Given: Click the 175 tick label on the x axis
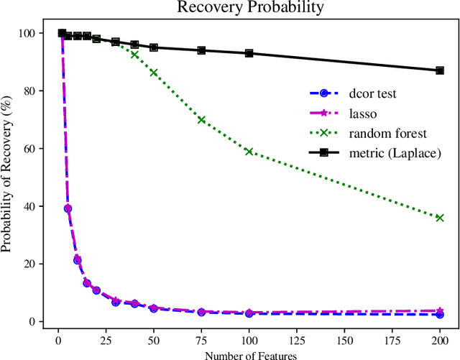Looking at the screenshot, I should tap(402, 338).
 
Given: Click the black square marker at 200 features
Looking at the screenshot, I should tap(440, 70).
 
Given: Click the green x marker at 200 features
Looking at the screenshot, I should tap(440, 218).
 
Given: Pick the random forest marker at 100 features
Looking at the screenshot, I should tap(249, 151).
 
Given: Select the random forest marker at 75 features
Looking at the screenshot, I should tap(201, 119).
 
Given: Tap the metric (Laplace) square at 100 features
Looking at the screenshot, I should tap(249, 53).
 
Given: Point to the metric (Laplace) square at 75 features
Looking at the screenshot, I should tap(201, 50).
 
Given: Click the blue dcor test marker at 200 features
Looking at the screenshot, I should tap(440, 315).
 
